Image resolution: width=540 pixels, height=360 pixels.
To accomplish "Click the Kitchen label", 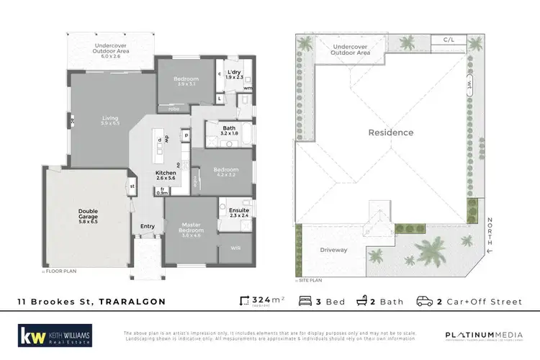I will (x=166, y=174).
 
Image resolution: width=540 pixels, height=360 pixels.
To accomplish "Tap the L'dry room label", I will (x=235, y=73).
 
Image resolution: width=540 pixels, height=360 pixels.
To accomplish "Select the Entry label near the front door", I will (x=148, y=227).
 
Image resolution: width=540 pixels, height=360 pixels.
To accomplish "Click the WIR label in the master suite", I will (x=235, y=247).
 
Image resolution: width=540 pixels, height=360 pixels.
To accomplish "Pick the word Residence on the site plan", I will (x=391, y=132).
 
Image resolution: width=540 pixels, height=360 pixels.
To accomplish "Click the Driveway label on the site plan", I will (x=333, y=250).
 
